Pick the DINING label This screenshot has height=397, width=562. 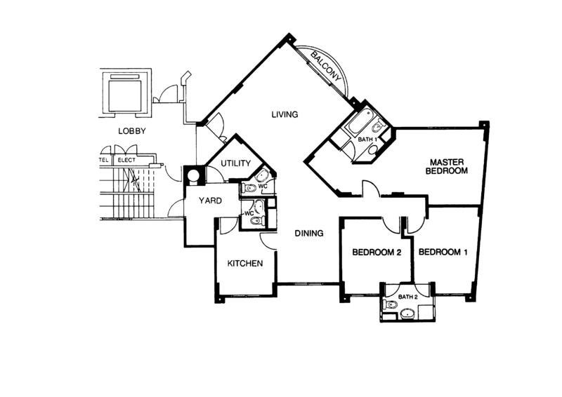(306, 232)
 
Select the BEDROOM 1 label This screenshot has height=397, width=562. (443, 252)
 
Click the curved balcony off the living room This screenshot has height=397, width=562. (327, 67)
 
